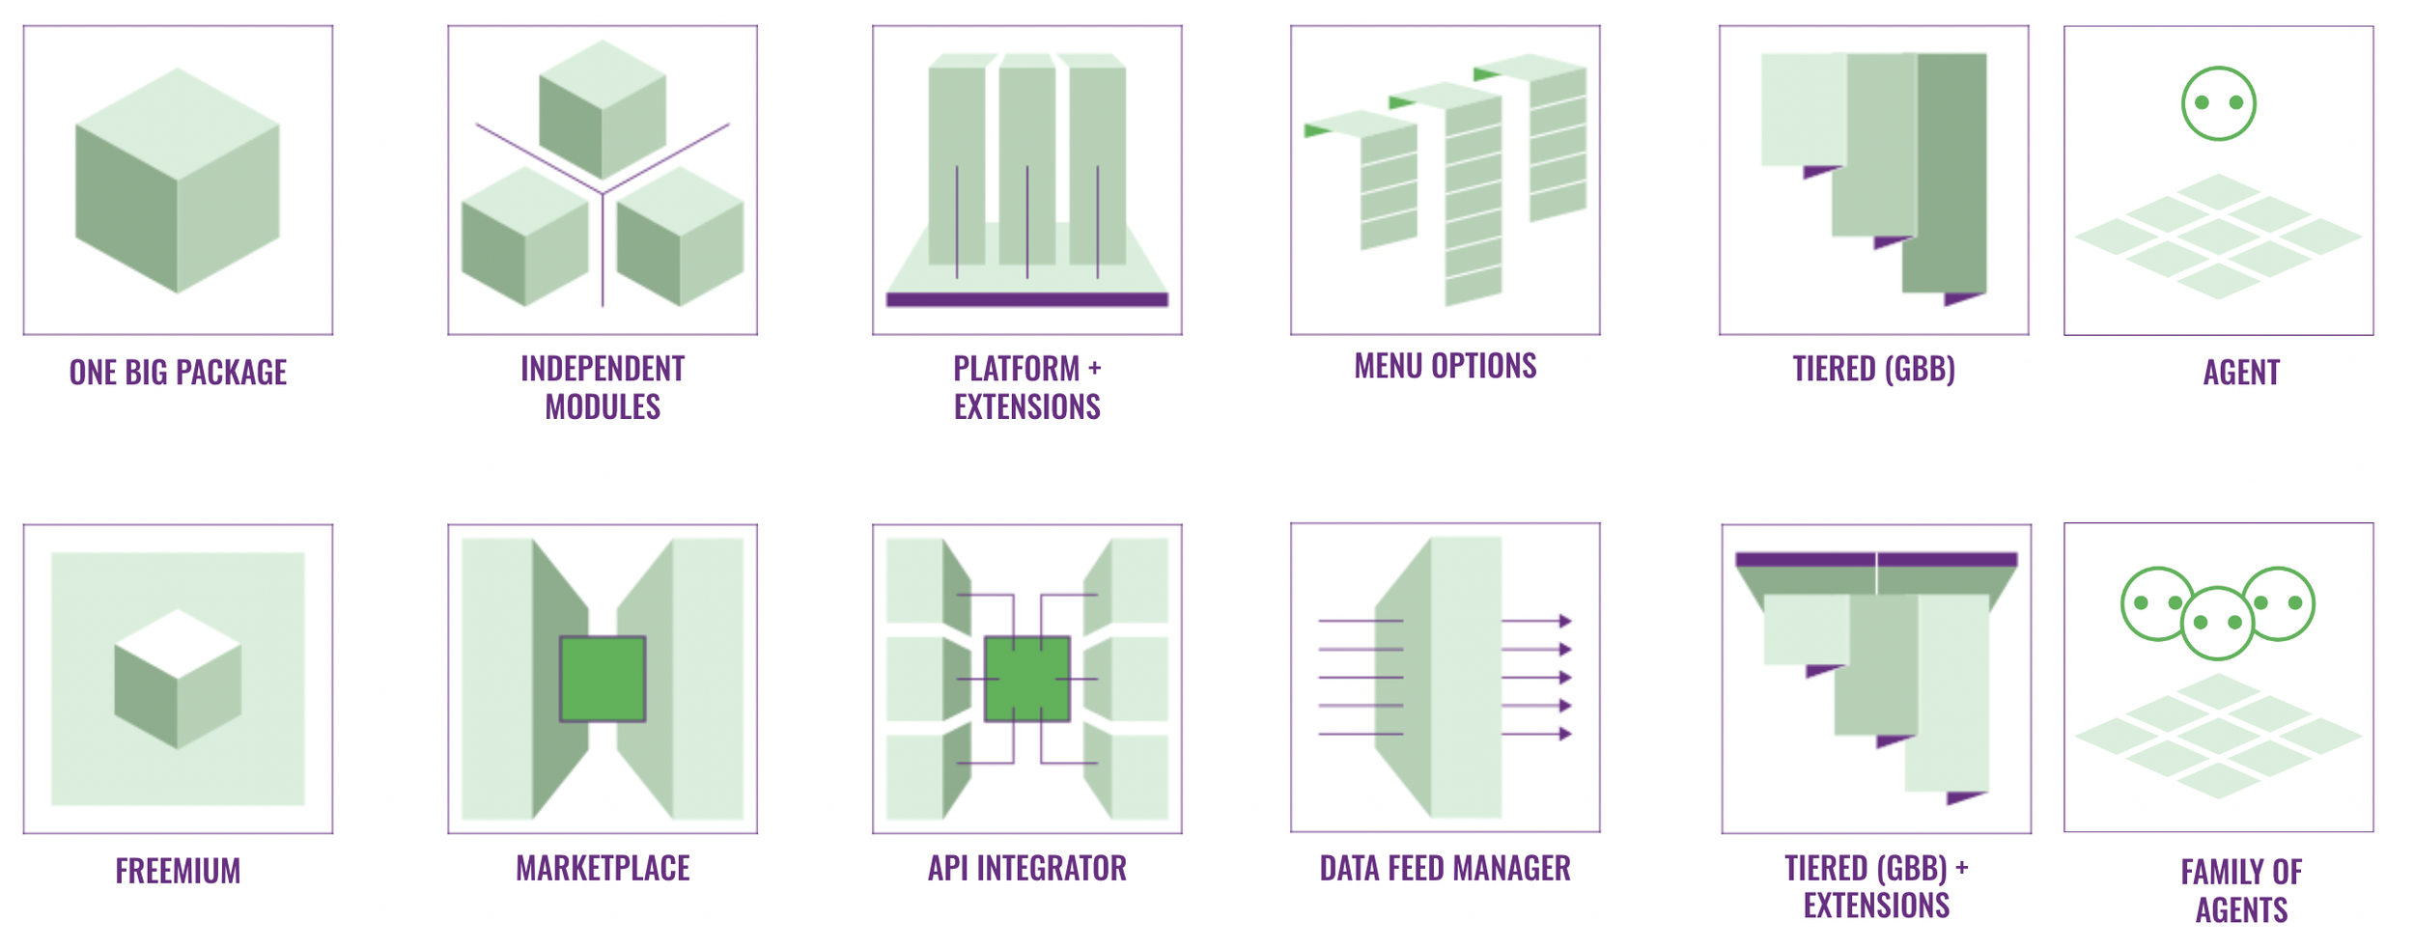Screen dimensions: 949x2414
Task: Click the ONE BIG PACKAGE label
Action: [x=178, y=373]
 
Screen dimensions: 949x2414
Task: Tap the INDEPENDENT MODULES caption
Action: [x=603, y=387]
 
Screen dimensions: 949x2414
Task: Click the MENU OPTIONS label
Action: [x=1445, y=366]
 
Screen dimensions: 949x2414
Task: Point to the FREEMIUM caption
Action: [x=178, y=871]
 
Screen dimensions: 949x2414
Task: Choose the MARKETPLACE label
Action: [x=603, y=868]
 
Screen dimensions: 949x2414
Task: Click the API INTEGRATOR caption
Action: [x=1026, y=868]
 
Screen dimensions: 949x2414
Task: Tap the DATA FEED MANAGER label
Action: [x=1445, y=868]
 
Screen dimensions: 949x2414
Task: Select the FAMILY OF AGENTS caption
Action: [x=2241, y=891]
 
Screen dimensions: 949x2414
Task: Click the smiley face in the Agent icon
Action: [x=2218, y=103]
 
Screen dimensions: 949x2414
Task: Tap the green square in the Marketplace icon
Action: [x=603, y=679]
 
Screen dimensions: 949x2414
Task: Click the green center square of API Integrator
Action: [x=1026, y=679]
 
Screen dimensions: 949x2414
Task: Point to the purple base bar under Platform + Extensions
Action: [x=1026, y=299]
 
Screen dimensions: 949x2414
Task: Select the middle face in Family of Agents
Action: [x=2217, y=623]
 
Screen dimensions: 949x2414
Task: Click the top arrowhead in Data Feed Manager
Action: [x=1565, y=621]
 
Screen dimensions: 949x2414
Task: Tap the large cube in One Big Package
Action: [x=178, y=181]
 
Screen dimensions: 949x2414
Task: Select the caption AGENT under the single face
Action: [x=2241, y=373]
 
